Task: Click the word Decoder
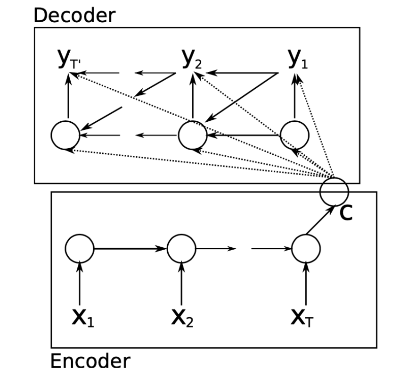[73, 15]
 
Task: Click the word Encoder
[89, 362]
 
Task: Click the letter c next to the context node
[345, 213]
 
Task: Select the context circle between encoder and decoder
[334, 191]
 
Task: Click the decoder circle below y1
[294, 135]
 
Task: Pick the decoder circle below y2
[192, 135]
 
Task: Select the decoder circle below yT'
[65, 135]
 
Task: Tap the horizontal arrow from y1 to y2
[240, 73]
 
